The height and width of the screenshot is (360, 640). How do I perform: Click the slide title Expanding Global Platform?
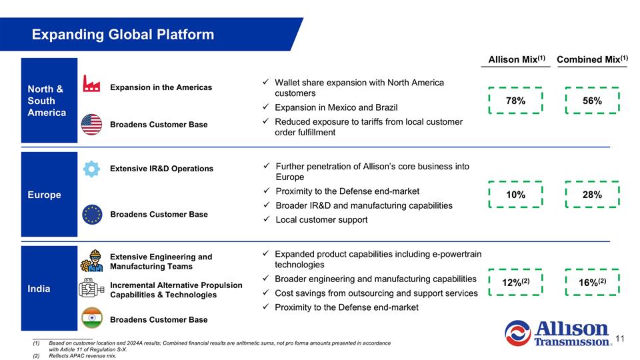[123, 34]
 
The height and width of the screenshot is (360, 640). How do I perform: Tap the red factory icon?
[91, 83]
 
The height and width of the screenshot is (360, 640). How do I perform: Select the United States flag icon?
[91, 125]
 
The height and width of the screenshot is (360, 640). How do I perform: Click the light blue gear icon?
[91, 169]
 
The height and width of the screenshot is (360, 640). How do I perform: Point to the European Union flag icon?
[92, 214]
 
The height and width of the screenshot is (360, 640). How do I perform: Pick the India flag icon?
[92, 318]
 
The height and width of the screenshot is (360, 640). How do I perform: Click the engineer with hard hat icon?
[92, 261]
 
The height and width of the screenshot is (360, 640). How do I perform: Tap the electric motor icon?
[91, 288]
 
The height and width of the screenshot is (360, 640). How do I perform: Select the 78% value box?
[515, 101]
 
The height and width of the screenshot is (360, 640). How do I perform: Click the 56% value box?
[592, 101]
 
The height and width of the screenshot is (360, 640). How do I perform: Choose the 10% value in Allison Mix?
[515, 195]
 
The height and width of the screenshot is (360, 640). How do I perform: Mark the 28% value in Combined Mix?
[592, 195]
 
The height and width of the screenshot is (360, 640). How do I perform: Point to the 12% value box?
[515, 282]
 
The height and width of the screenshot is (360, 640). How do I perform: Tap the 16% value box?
[592, 282]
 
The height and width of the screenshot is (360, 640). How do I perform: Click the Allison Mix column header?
[517, 59]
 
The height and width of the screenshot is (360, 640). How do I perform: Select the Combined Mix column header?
[592, 59]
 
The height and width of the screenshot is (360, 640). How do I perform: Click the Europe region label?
[45, 195]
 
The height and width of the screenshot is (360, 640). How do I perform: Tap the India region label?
[39, 289]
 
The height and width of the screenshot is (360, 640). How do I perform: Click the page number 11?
[620, 339]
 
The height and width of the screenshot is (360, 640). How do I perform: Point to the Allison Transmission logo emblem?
[517, 333]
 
